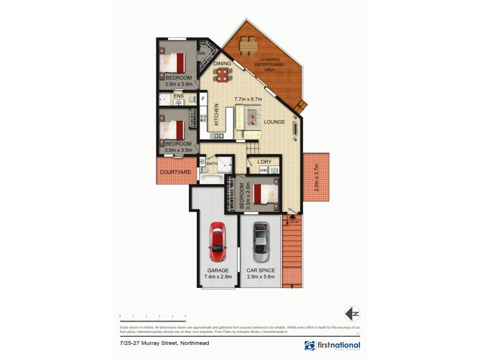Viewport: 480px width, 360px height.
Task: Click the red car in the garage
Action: point(217,239)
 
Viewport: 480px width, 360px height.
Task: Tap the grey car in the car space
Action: point(260,241)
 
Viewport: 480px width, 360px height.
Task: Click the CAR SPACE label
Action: point(260,271)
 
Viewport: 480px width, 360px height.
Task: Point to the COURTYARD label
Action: point(175,173)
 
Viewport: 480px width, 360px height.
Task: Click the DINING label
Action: point(222,63)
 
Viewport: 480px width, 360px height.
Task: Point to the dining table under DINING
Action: point(222,74)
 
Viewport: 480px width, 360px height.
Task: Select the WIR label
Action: point(202,53)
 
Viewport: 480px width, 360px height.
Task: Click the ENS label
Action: point(178,96)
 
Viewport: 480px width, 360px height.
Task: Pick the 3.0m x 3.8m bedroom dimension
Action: point(179,84)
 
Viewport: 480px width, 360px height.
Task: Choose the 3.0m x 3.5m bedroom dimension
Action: point(179,150)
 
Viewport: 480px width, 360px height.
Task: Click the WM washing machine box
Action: point(263,171)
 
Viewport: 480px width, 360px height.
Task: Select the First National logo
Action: point(332,346)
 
